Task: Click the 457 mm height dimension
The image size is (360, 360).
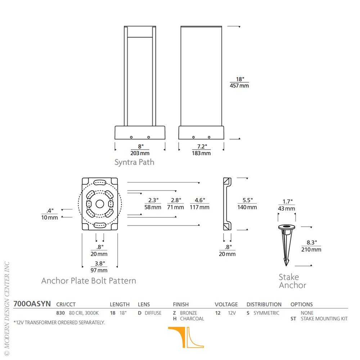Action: pos(239,86)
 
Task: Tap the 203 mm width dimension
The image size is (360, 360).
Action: pos(140,153)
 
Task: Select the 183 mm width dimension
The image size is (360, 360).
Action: pos(201,153)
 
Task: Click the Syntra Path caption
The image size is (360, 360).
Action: pos(134,162)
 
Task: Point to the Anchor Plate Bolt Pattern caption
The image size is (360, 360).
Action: pos(89,281)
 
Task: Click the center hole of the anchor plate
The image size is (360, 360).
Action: pos(100,204)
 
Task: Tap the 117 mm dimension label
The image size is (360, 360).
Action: pos(199,207)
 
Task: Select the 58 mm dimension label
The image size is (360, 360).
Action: pos(153,207)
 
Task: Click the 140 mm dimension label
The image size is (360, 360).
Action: pos(247,207)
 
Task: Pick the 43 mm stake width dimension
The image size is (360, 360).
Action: pos(287,208)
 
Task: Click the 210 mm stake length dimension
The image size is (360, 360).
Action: pos(311,249)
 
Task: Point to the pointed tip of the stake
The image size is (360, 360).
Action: pos(286,266)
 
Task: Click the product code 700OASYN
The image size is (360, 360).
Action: pos(32,304)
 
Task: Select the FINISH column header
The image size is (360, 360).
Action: pos(181,305)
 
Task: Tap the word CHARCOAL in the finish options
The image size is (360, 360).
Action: pos(192,319)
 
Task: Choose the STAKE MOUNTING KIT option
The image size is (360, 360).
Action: pos(324,319)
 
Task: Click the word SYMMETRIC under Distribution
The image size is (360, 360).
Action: pos(266,313)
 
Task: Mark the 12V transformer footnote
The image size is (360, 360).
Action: pos(59,323)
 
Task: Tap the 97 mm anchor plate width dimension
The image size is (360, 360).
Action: pos(99,270)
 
